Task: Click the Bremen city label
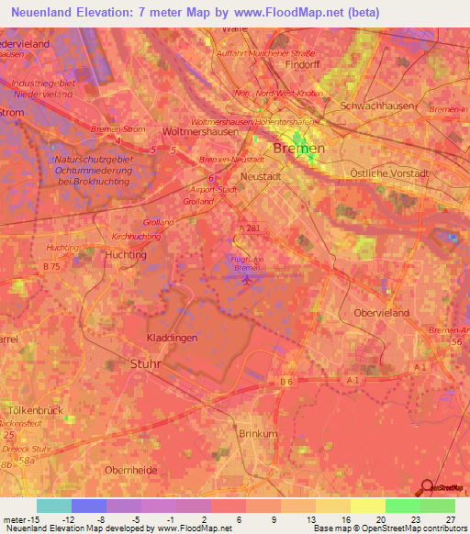(299, 149)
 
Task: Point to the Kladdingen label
(173, 339)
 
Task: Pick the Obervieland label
(381, 313)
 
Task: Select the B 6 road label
(286, 381)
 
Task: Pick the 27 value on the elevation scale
(449, 520)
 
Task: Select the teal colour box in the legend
(54, 506)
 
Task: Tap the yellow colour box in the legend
(368, 506)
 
